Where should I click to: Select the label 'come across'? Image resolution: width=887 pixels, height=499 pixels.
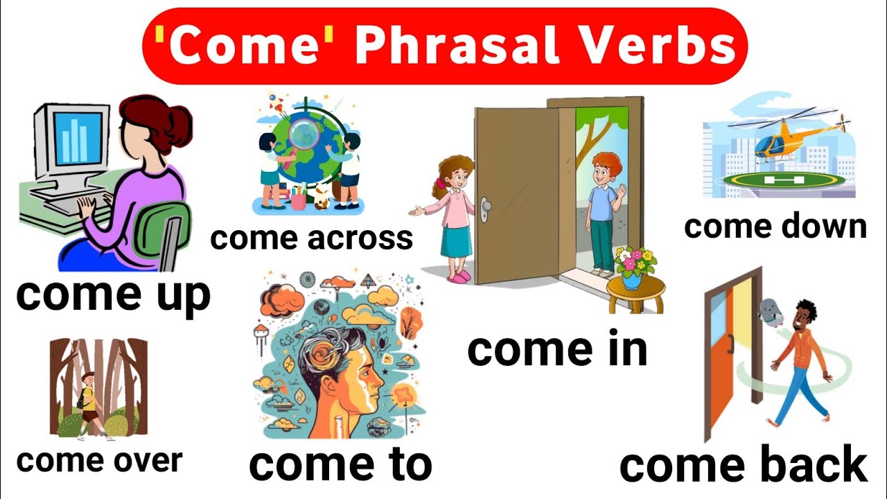pyautogui.click(x=312, y=238)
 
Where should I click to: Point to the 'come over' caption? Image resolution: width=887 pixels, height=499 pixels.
pyautogui.click(x=99, y=460)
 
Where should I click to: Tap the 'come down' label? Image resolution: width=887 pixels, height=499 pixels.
pyautogui.click(x=775, y=226)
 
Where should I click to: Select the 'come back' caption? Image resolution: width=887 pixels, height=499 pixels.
pyautogui.click(x=744, y=464)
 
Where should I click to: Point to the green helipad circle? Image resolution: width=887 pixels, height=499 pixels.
pyautogui.click(x=784, y=180)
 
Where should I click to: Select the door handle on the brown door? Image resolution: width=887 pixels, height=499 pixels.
pyautogui.click(x=485, y=206)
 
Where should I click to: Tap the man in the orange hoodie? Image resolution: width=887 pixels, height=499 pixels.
pyautogui.click(x=802, y=361)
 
